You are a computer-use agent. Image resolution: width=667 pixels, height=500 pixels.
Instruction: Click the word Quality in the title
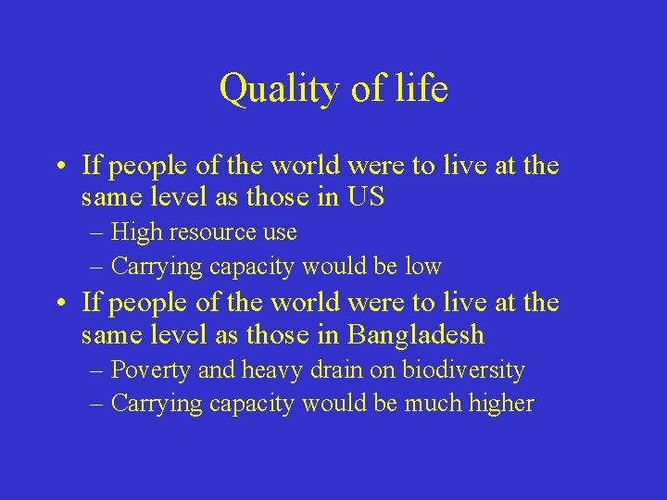(267, 90)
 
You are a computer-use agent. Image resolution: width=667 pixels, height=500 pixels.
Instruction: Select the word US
(368, 197)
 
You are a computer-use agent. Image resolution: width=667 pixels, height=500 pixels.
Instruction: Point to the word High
(136, 232)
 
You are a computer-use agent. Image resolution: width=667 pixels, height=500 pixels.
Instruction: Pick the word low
(423, 267)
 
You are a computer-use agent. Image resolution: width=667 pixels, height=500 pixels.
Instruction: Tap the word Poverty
(153, 370)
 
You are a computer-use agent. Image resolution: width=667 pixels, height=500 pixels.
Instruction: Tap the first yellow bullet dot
(58, 168)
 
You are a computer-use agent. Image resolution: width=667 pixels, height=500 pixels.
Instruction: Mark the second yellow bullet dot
(58, 305)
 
